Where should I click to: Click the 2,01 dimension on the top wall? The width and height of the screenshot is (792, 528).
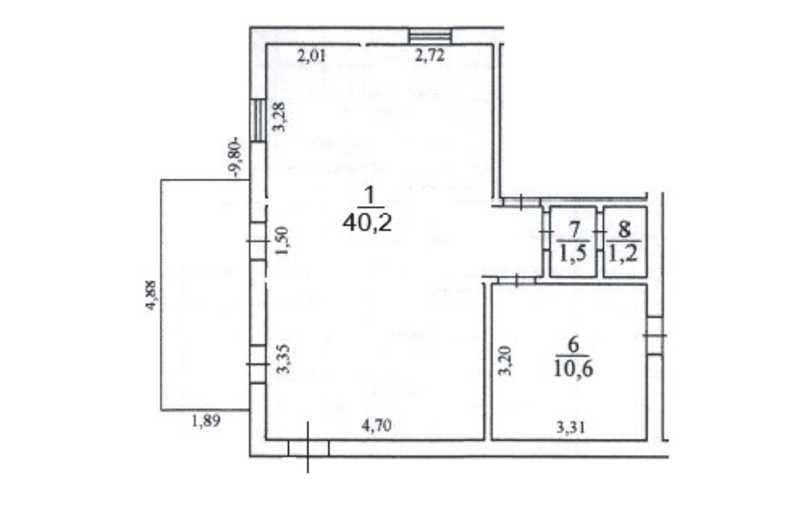312,56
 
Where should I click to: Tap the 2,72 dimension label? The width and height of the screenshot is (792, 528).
430,55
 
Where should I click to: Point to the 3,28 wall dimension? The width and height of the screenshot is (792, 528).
279,117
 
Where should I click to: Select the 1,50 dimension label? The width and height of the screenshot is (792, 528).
282,241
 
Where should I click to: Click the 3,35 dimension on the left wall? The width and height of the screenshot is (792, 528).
283,359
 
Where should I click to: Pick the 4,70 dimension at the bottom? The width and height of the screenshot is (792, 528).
376,426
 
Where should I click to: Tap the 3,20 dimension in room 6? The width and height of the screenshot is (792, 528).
505,361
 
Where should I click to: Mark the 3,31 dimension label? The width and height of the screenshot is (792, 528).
570,428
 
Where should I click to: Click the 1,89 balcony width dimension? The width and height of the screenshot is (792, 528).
206,421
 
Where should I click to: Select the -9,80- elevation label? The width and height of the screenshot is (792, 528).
235,158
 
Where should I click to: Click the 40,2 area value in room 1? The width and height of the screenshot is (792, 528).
367,222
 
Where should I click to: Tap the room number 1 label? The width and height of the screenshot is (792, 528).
369,195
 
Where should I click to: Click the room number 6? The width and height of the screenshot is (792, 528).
573,345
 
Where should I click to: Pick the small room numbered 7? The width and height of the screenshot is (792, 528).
573,242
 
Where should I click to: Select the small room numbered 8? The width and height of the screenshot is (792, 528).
625,242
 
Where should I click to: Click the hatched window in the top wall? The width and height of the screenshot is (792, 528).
430,36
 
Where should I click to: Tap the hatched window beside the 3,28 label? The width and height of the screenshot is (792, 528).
258,120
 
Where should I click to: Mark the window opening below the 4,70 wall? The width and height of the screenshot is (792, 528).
308,448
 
